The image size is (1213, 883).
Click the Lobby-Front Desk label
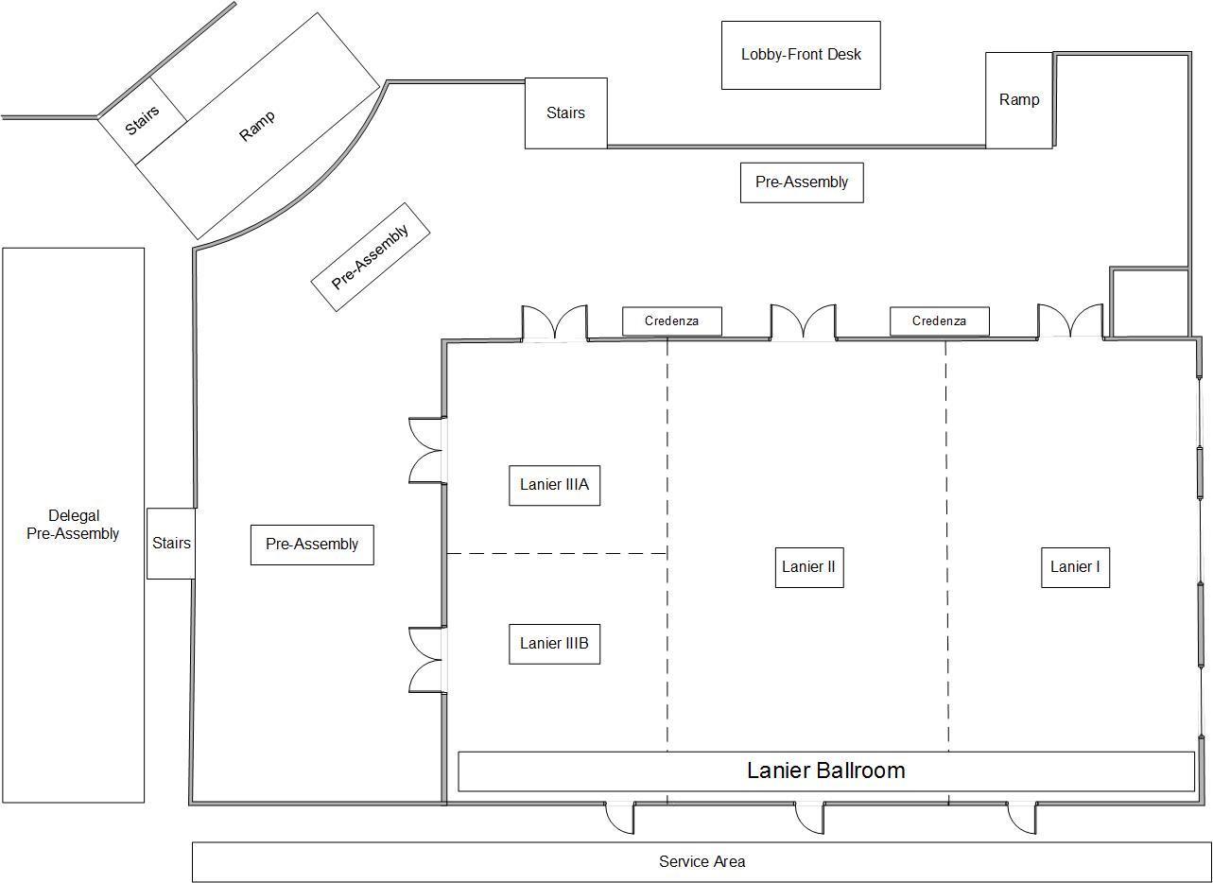(801, 55)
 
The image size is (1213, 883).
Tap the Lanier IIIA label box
(554, 485)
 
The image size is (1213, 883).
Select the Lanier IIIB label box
(554, 644)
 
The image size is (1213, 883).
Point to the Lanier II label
(808, 567)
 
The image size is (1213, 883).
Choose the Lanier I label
(1075, 567)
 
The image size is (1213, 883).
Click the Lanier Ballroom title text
(825, 770)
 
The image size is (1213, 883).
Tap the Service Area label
(702, 861)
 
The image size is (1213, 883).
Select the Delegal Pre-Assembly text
(73, 525)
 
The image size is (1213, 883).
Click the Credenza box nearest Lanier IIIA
(671, 321)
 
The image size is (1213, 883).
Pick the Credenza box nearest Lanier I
(939, 321)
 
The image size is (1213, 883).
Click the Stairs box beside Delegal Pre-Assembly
(171, 544)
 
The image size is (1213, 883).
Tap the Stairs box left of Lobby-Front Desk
(565, 113)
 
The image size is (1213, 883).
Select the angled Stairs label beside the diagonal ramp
(143, 120)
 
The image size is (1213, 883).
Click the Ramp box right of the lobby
(1018, 100)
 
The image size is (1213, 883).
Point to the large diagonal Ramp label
(257, 126)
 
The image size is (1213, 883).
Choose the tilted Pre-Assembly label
(371, 256)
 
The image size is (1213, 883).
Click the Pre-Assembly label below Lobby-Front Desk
(802, 182)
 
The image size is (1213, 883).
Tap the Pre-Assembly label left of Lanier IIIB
(312, 545)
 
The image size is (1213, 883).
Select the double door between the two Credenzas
(803, 321)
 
